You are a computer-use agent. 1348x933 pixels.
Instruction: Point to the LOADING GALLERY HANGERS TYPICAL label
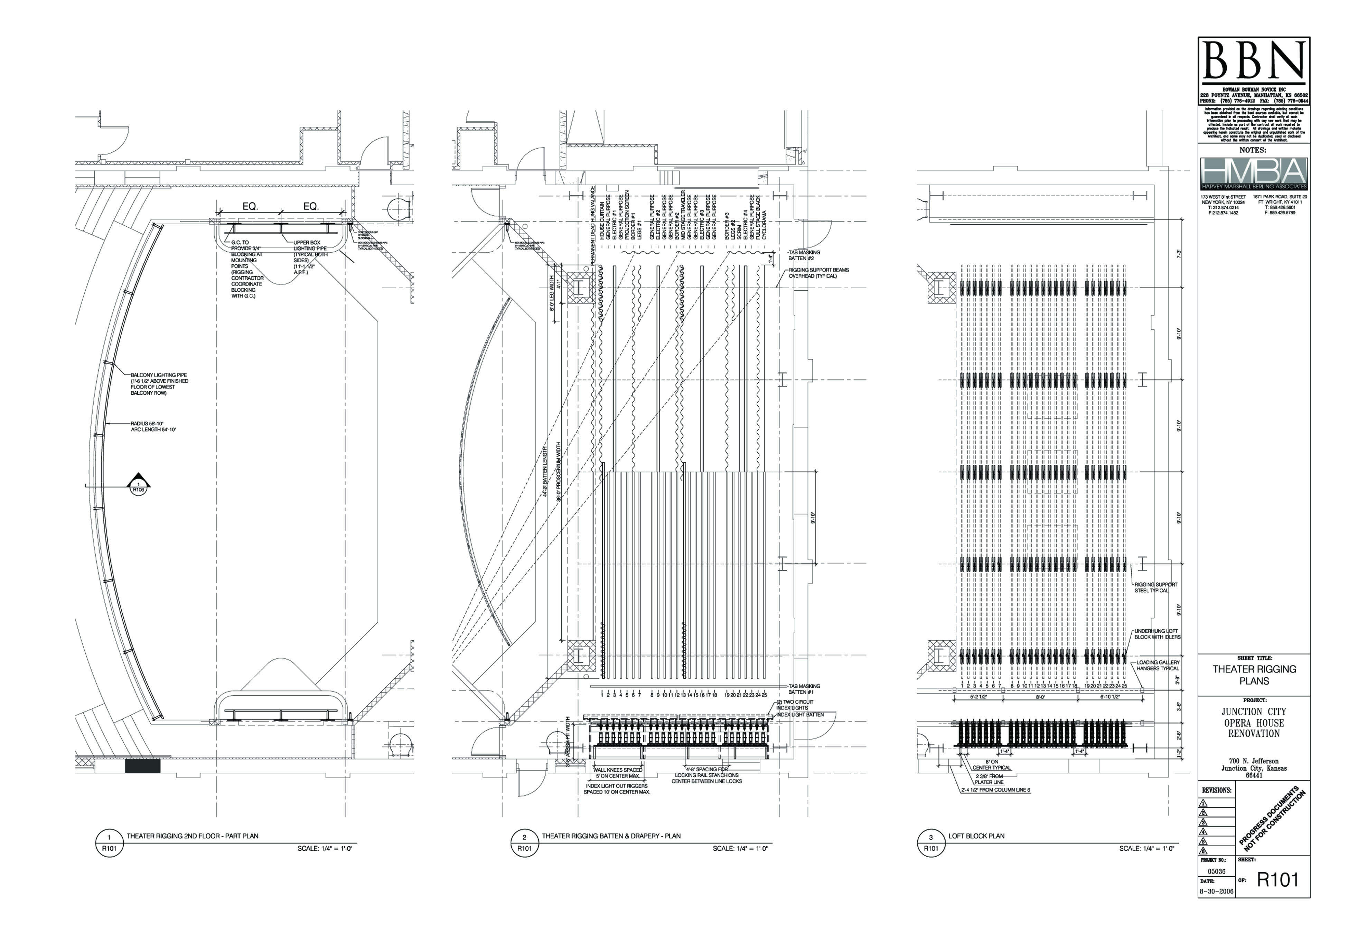coord(1158,665)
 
